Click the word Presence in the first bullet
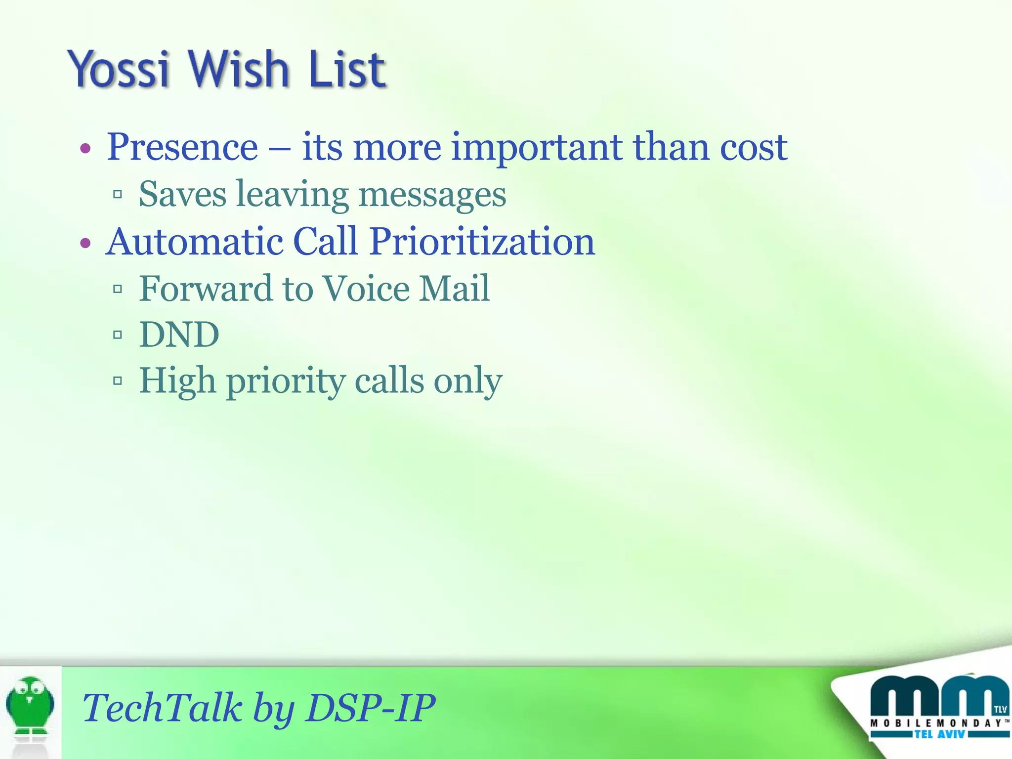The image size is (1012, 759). (x=182, y=147)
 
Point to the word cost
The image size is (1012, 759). (x=753, y=147)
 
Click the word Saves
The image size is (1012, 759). (x=182, y=194)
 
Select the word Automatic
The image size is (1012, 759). (x=194, y=242)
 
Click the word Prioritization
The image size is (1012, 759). (x=482, y=242)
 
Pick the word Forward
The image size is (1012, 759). (x=206, y=288)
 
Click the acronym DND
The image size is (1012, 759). (x=179, y=335)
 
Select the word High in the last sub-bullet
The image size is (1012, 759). (x=177, y=381)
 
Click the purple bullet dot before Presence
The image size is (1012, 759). (x=85, y=148)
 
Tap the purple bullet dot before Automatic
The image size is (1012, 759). (x=85, y=243)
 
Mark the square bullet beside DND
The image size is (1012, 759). (x=118, y=335)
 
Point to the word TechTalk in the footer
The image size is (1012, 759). (x=162, y=708)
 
